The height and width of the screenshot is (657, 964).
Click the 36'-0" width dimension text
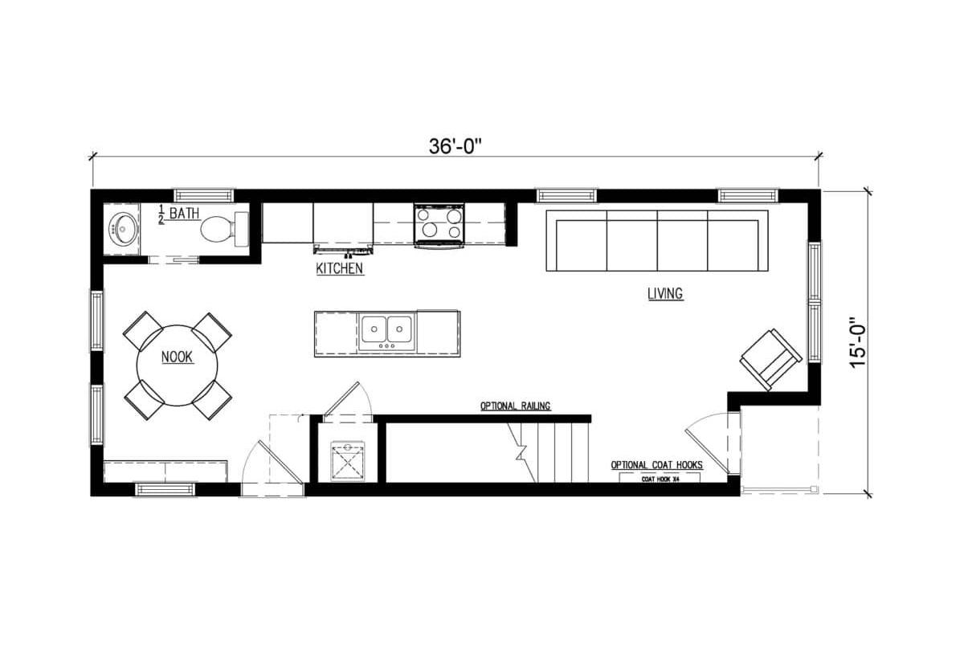click(x=454, y=147)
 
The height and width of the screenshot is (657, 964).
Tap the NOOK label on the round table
click(x=177, y=357)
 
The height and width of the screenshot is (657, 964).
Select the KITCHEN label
click(x=340, y=268)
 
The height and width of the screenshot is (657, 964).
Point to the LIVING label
click(x=665, y=293)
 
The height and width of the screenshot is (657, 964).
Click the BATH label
click(x=184, y=214)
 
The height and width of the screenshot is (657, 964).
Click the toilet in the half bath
click(x=225, y=228)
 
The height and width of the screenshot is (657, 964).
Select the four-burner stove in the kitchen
click(x=439, y=225)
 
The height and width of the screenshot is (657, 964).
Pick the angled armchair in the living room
click(x=770, y=360)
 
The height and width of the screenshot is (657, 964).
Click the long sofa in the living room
click(x=657, y=240)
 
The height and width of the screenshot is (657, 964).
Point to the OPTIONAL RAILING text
click(x=515, y=406)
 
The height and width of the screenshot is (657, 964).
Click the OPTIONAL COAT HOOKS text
click(x=657, y=465)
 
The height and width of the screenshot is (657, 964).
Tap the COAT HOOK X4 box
click(x=660, y=478)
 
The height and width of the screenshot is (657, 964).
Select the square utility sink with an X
click(x=348, y=461)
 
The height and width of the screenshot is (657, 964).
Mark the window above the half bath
click(x=204, y=195)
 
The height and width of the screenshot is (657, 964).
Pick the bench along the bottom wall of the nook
click(x=165, y=471)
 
